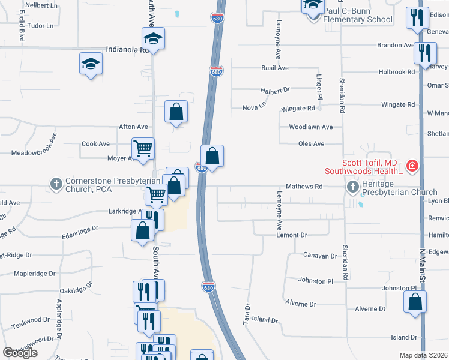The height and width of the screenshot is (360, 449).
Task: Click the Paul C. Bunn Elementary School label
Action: (358, 15)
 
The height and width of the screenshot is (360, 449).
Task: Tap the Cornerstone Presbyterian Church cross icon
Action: (56, 184)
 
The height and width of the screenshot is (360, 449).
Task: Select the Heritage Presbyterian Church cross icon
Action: (352, 188)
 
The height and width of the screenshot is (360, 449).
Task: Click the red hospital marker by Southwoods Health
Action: (412, 166)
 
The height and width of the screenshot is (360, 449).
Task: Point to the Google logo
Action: (20, 353)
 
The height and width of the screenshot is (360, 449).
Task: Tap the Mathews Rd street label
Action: (304, 187)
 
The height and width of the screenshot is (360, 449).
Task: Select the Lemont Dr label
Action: (292, 235)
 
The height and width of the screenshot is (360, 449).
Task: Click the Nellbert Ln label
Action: (41, 5)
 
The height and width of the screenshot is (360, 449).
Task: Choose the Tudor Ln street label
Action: (41, 26)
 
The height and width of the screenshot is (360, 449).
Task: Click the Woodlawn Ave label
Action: (310, 127)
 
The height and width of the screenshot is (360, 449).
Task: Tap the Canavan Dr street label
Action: (320, 256)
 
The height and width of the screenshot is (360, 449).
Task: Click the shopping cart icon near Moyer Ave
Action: (143, 148)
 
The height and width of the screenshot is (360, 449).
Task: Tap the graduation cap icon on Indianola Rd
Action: (153, 39)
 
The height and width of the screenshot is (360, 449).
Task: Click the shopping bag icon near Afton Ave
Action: (176, 111)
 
